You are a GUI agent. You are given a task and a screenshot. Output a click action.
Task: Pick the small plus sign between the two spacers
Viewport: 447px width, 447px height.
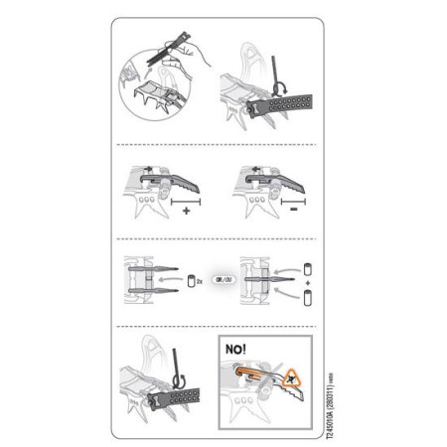point(307,281)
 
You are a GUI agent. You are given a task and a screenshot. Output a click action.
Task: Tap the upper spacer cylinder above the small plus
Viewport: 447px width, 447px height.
point(307,267)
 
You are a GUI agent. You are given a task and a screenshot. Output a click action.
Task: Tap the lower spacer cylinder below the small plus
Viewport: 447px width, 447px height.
point(307,295)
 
